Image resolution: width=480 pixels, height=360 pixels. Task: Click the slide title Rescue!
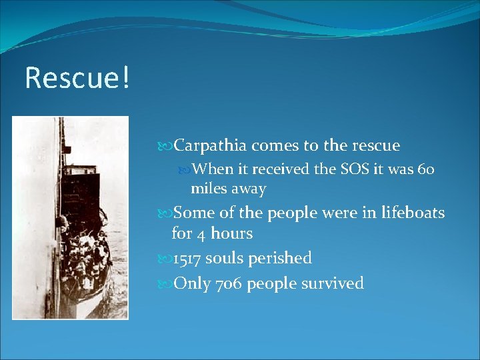[77, 78]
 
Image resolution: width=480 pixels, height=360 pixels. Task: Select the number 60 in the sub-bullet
[425, 169]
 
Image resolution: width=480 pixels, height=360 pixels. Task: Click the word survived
[331, 283]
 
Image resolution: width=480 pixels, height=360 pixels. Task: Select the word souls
[226, 258]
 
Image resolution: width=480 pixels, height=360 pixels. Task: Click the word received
[280, 169]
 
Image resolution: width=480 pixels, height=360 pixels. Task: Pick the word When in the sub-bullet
[213, 169]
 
